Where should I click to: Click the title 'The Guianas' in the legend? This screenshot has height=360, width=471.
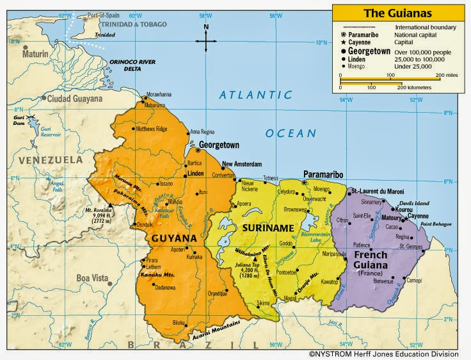point(397,12)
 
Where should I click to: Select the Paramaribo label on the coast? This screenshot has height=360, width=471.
point(323,174)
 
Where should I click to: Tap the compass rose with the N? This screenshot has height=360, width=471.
point(206,39)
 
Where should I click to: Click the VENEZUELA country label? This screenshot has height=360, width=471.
point(45,160)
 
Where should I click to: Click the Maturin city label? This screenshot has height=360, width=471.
point(35,54)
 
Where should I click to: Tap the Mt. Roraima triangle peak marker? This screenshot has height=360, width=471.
point(110,206)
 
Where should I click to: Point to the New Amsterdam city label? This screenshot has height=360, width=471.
point(244,163)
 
